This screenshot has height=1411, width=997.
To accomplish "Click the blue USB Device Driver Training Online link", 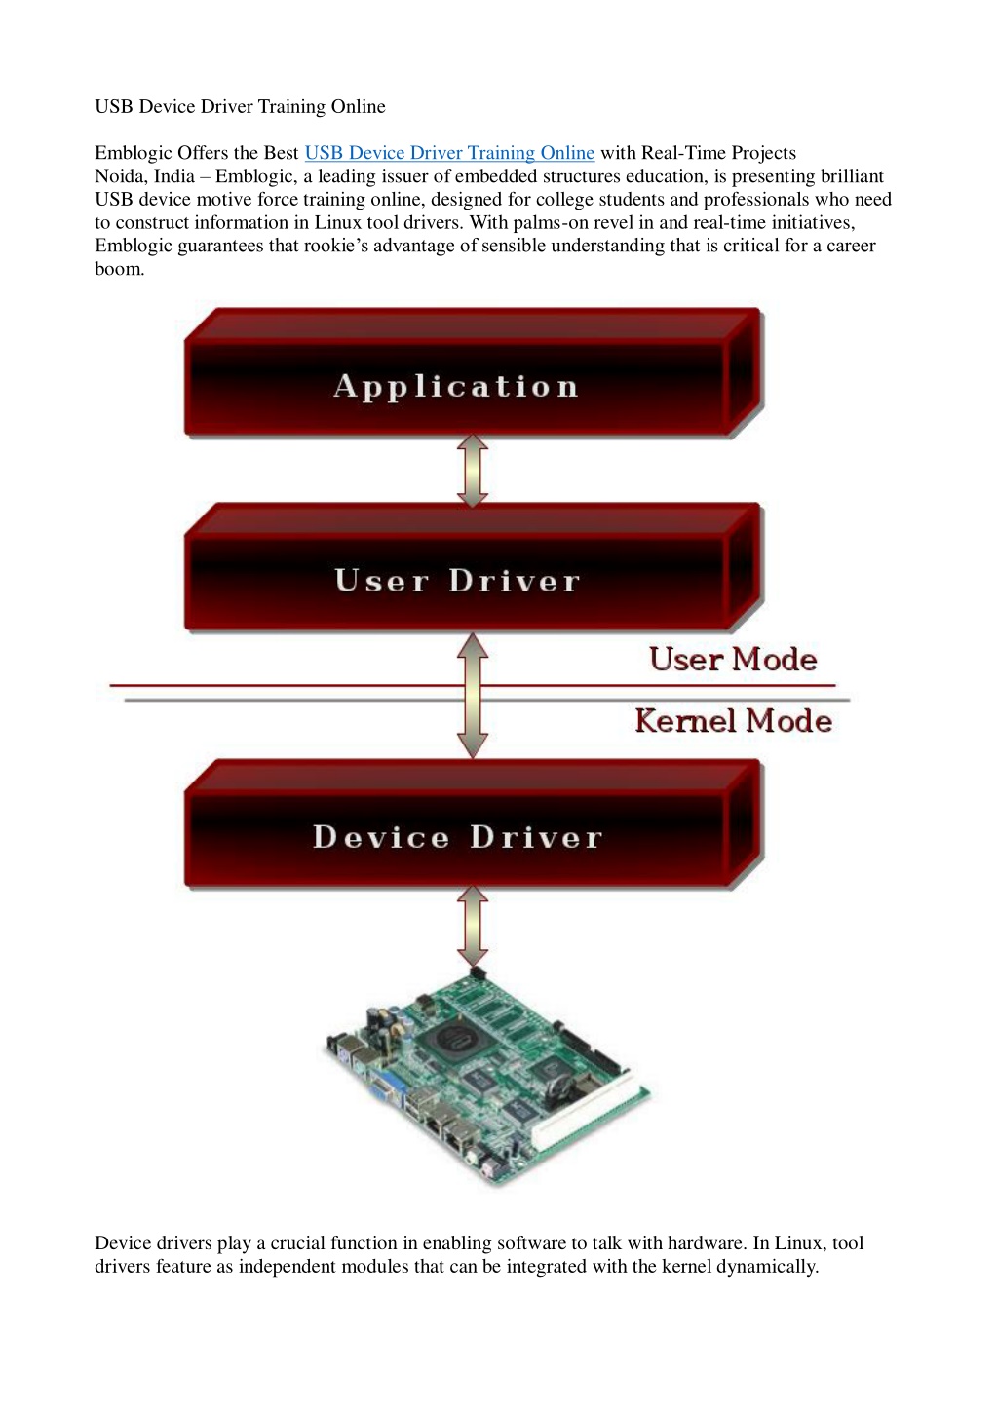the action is point(449,153).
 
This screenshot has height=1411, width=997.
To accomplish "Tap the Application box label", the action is point(456,386).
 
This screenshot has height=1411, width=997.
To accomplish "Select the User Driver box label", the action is point(457,581).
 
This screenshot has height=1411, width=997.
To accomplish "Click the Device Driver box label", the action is point(458,837).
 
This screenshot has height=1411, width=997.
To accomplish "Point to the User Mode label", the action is point(733,660).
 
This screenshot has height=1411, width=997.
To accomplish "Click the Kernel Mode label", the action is point(733,721).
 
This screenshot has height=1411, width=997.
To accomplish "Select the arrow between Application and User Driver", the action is point(473,470).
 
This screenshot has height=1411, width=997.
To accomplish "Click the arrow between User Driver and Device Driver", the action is point(473,696).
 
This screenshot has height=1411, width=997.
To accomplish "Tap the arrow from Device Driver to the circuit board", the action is point(473,926).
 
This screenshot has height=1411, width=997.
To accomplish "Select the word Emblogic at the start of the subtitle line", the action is point(134,154).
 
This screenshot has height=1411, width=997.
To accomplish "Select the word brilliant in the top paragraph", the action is point(852,176).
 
